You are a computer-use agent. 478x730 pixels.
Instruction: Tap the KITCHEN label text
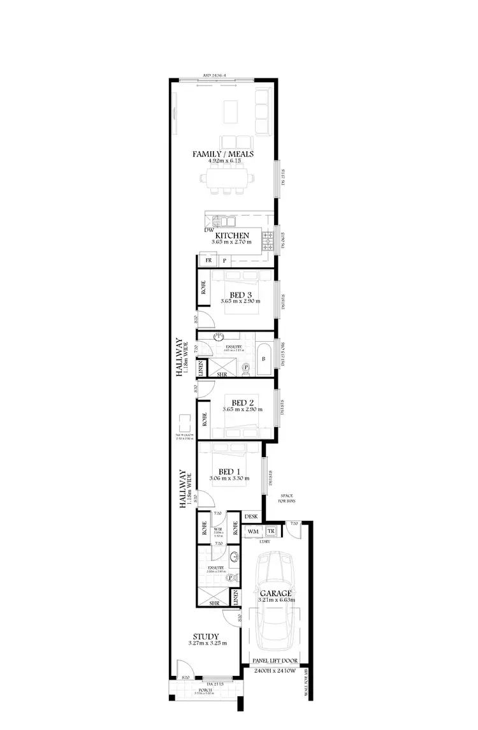(231, 235)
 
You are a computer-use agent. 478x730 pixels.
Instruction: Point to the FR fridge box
(208, 261)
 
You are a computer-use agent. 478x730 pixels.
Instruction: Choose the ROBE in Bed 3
(203, 288)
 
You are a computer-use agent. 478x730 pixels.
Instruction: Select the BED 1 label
(228, 471)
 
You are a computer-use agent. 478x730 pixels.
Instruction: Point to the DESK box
(251, 516)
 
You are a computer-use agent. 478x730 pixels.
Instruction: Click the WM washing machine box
(253, 530)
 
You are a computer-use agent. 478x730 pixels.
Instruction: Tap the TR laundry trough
(270, 530)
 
